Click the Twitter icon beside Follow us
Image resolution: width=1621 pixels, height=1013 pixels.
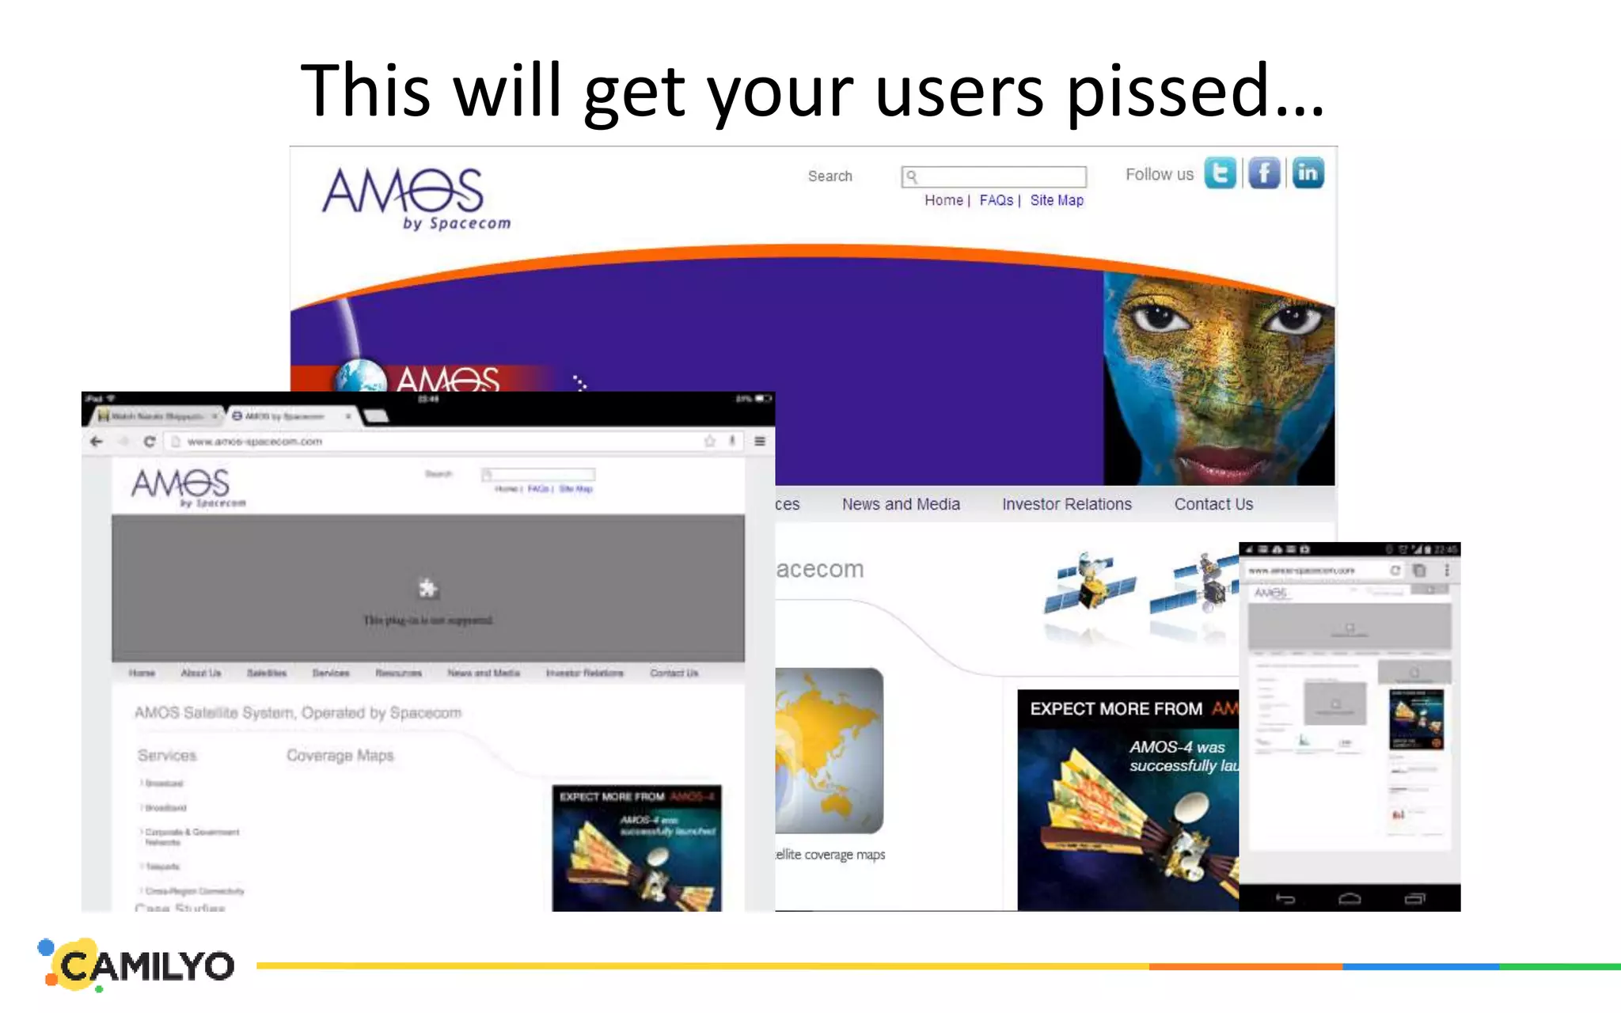click(x=1220, y=173)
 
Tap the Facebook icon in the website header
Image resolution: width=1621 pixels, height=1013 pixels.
click(x=1264, y=173)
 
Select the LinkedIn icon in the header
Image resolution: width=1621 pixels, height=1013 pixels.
click(x=1308, y=173)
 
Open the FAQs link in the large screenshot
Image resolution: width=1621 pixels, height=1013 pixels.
click(x=996, y=201)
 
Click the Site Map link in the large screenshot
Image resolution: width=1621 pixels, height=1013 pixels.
click(x=1057, y=201)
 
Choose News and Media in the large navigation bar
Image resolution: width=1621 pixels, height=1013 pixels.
click(x=901, y=504)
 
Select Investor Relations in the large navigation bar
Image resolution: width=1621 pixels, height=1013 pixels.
click(x=1066, y=504)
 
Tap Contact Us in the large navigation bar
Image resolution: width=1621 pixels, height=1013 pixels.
click(x=1213, y=504)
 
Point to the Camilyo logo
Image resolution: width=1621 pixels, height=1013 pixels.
click(x=139, y=965)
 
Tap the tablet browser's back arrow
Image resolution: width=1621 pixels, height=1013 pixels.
click(x=97, y=442)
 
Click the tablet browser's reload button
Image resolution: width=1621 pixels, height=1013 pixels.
click(x=149, y=442)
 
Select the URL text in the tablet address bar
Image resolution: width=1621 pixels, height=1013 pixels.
click(x=255, y=442)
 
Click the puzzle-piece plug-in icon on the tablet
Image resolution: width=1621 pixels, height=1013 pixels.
click(x=427, y=588)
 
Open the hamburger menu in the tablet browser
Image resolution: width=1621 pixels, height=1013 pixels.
click(x=760, y=442)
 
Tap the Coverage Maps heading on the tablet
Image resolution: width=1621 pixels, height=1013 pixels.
click(x=340, y=756)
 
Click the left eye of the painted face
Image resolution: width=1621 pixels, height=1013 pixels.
click(x=1160, y=317)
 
